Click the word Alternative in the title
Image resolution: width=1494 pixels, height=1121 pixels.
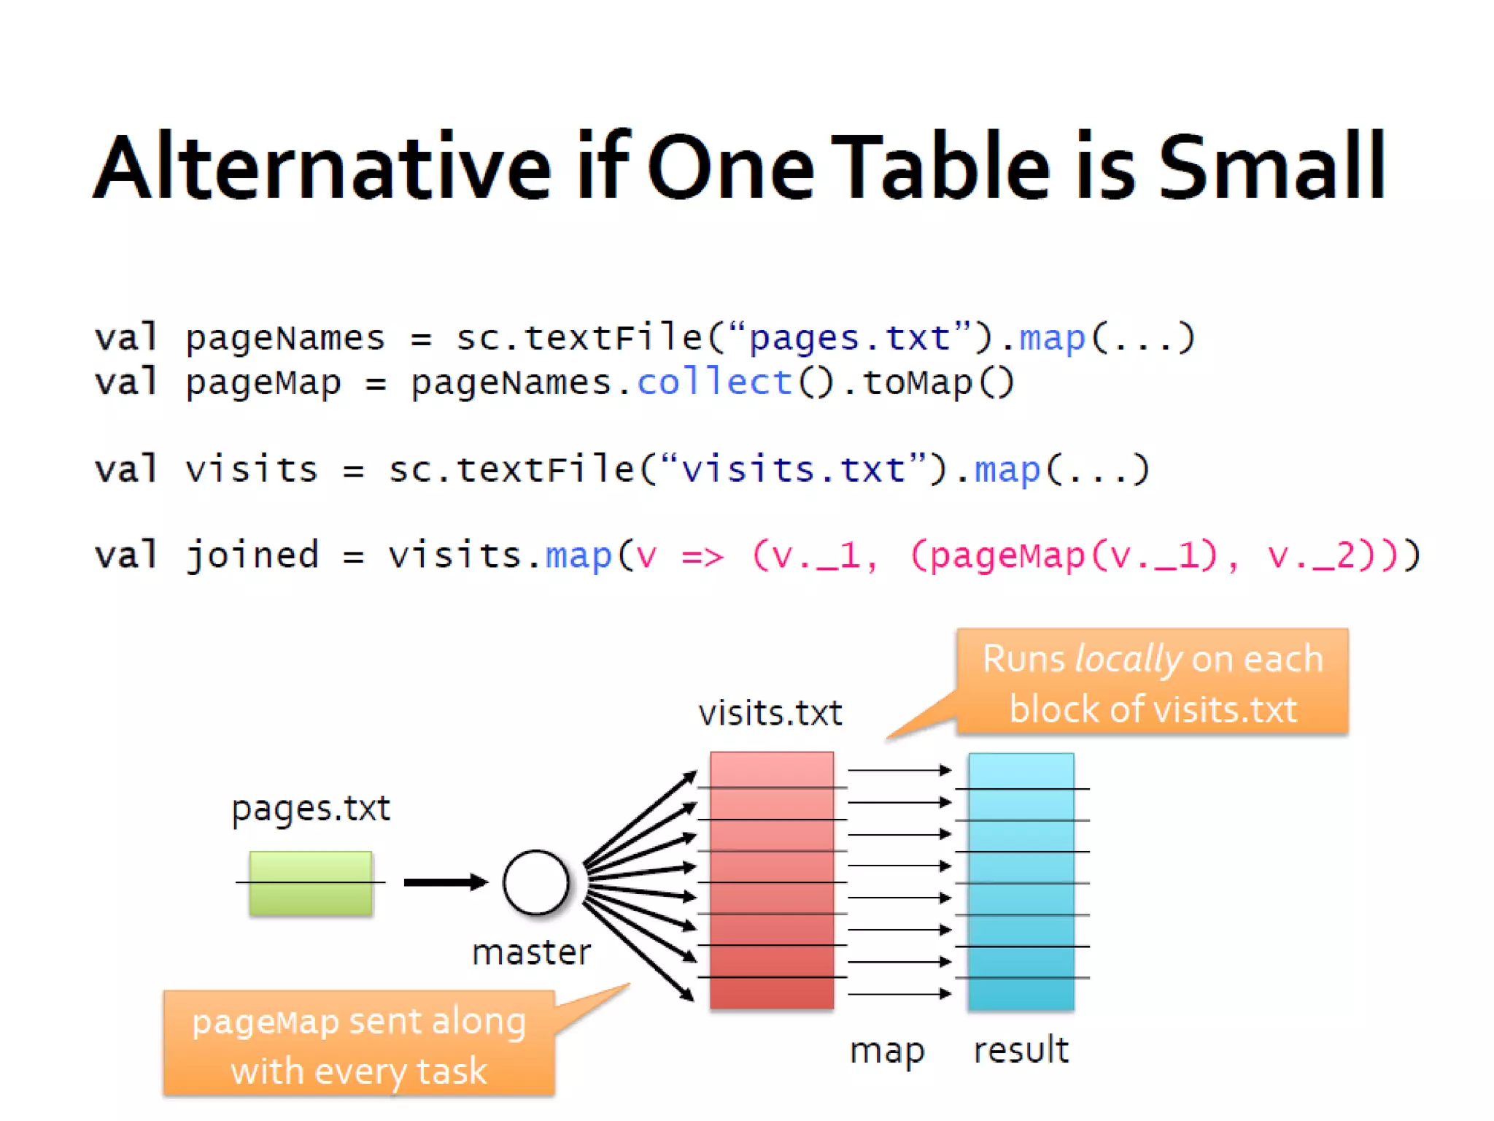pos(322,168)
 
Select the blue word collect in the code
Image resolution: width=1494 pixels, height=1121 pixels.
pos(714,382)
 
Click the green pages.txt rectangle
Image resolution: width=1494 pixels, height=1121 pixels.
pos(311,883)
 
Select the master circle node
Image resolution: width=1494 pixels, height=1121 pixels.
pos(536,882)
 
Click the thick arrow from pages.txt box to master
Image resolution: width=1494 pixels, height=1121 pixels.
pos(445,882)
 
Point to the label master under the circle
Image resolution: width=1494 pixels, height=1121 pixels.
pos(531,952)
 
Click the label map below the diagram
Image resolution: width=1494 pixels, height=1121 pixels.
pos(887,1052)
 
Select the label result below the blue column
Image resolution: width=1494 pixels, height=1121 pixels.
pos(1021,1050)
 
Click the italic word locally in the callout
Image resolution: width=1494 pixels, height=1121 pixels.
pos(1128,660)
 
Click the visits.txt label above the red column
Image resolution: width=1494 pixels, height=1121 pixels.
pos(770,713)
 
